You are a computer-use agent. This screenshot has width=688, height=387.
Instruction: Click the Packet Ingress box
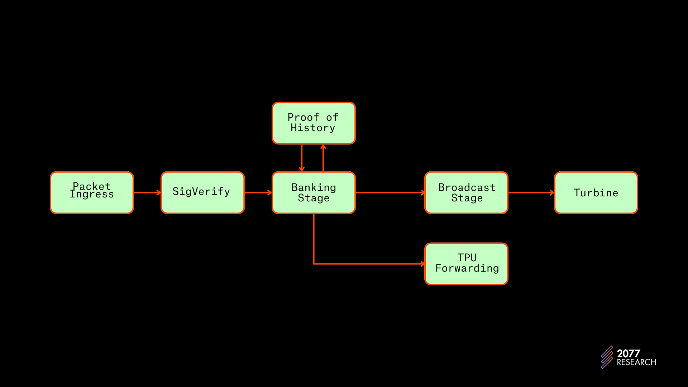[x=92, y=193]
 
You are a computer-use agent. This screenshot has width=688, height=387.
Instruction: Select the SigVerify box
[x=202, y=193]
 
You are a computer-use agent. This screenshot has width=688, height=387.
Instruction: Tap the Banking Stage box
[x=314, y=193]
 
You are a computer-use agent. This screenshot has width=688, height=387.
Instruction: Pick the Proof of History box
[x=314, y=123]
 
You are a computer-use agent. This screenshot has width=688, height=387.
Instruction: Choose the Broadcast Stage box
[x=466, y=193]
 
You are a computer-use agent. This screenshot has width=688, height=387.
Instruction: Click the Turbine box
[x=596, y=193]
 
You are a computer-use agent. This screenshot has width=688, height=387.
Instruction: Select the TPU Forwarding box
[x=466, y=264]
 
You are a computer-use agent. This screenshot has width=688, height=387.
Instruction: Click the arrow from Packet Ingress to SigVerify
[x=147, y=193]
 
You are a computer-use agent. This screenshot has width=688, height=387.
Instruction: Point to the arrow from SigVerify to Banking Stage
[x=258, y=193]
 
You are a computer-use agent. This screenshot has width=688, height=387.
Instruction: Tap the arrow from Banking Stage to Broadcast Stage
[x=390, y=193]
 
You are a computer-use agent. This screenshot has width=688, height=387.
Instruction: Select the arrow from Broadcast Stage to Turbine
[x=531, y=193]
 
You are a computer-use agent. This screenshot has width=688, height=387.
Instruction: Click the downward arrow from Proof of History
[x=302, y=158]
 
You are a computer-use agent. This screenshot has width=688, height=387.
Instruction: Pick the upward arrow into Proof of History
[x=323, y=158]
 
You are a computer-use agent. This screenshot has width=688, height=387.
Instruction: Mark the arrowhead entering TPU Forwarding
[x=423, y=264]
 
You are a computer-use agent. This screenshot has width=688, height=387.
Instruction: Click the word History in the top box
[x=313, y=128]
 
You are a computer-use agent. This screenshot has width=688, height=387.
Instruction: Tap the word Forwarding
[x=467, y=268]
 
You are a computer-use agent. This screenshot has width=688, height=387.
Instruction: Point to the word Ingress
[x=92, y=195]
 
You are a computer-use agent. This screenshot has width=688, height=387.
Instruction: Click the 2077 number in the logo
[x=628, y=354]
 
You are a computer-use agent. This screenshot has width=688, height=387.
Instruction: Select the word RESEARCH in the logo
[x=636, y=362]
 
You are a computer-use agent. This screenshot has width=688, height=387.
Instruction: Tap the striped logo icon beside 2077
[x=607, y=357]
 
